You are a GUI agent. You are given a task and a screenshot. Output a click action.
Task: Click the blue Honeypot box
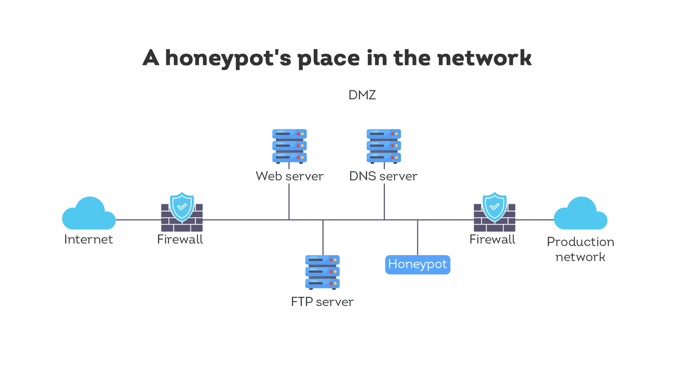coord(417,264)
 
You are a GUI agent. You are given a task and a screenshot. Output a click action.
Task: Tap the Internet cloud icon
coord(89,215)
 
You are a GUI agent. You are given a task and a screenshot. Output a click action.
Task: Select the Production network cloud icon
coord(580,215)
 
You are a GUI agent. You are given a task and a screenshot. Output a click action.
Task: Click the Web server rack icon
coord(289,146)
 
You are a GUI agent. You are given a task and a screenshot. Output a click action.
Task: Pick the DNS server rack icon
coord(384,146)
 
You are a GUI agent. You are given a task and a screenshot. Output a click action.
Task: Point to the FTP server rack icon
coord(322,272)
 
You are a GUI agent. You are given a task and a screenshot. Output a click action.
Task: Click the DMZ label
coord(362,95)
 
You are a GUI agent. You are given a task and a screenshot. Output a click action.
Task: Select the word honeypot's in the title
coord(228,59)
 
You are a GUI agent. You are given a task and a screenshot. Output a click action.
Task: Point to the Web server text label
coord(289,176)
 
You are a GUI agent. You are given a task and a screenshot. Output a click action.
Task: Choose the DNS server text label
coord(383,176)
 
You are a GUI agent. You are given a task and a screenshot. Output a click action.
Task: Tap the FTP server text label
coord(322,302)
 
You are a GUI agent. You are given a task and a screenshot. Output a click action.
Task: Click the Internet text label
coord(89,239)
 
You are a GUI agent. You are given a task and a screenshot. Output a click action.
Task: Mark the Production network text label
coord(580,249)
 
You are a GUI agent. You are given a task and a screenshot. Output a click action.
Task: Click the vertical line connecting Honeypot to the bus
coord(418,237)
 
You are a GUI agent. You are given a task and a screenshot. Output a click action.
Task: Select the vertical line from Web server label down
coord(289,201)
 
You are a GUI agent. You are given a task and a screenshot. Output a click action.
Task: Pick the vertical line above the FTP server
coord(323,237)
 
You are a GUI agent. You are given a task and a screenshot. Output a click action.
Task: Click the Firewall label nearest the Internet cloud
coord(180,239)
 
